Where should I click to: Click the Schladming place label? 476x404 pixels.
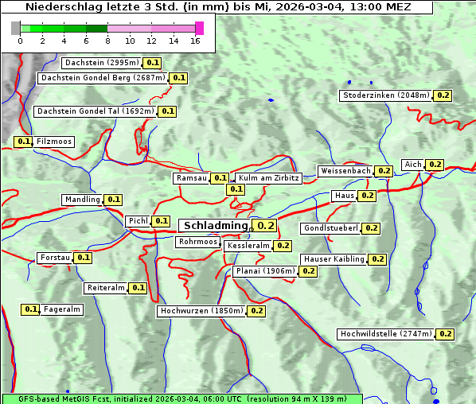pos(216,226)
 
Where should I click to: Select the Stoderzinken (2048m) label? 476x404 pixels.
pos(386,95)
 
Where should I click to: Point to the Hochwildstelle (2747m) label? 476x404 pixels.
pos(387,334)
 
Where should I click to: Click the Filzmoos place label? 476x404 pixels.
pos(53,142)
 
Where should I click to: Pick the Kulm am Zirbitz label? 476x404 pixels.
pos(268,178)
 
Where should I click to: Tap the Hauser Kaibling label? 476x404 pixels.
pos(334,259)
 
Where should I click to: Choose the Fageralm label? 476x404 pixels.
pos(62,309)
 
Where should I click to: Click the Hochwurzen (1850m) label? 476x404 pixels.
pos(201,311)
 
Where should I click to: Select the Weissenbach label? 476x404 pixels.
pos(345,171)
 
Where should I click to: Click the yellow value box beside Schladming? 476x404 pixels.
pos(265,226)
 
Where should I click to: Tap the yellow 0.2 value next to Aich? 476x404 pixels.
pos(435,165)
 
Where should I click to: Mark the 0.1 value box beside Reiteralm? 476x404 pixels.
pos(139,288)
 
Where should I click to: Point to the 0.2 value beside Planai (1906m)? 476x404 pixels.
pos(309,271)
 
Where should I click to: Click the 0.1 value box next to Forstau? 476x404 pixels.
pos(83,258)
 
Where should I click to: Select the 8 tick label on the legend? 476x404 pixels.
pos(107,40)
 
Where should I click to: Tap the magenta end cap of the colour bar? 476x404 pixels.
pos(199,28)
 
